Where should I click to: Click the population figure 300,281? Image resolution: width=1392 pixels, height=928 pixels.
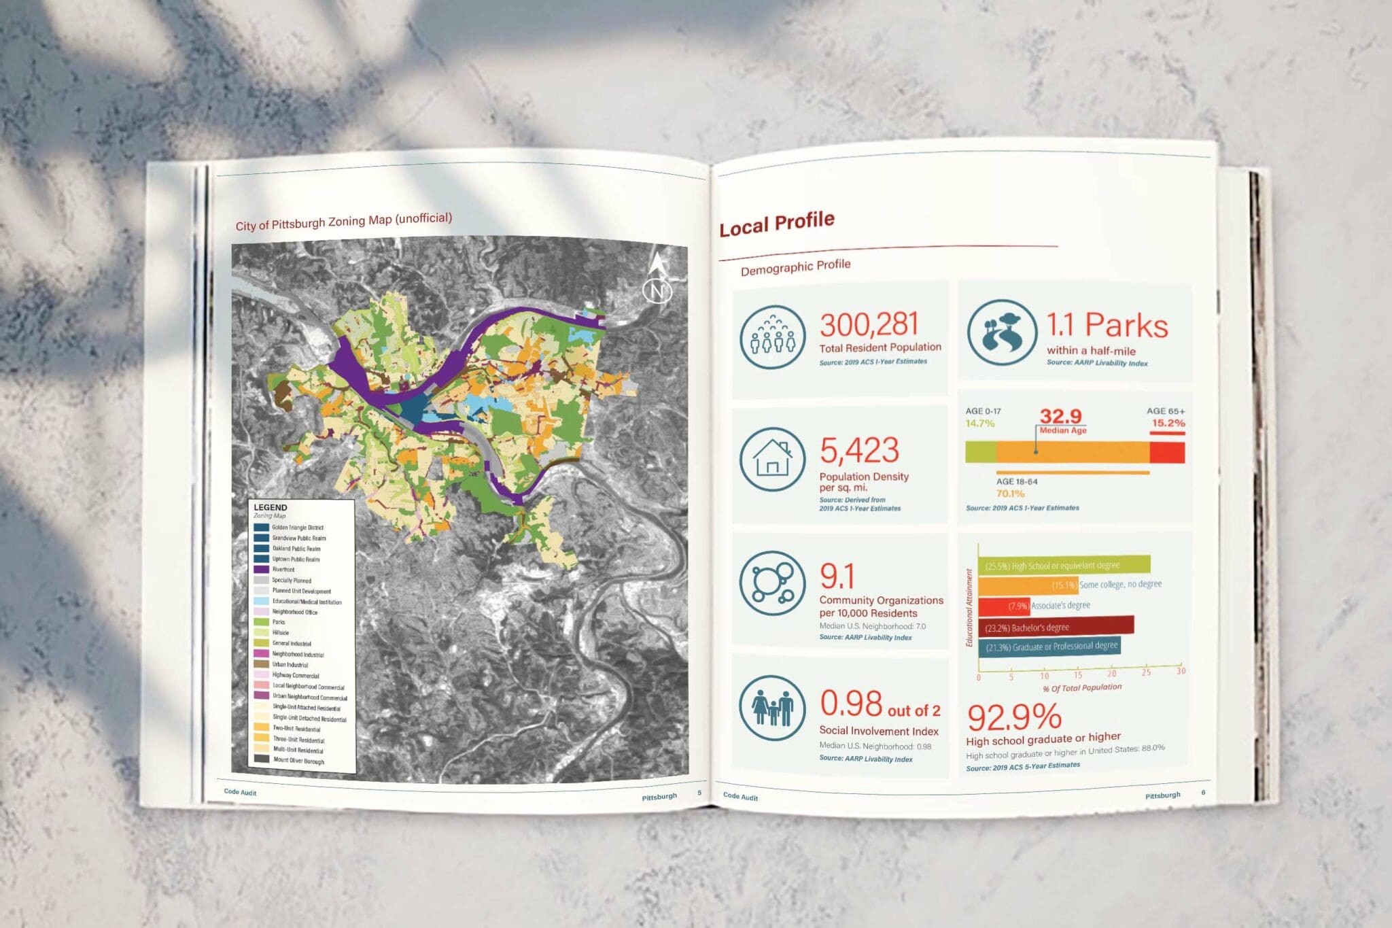(869, 325)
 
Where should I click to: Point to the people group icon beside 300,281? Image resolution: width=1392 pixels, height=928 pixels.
(772, 337)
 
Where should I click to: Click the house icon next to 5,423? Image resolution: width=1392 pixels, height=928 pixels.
(772, 460)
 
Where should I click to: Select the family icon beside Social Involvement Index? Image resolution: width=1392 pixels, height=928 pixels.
(772, 708)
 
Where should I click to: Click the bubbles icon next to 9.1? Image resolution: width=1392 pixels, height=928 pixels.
(772, 583)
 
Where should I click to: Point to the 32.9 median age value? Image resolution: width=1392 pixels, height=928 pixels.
(1060, 415)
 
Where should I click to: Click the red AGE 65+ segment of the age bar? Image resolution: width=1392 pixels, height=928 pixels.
(1167, 453)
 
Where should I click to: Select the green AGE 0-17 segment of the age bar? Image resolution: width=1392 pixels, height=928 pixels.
(981, 452)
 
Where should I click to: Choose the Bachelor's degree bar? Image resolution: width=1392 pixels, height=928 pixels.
(1056, 626)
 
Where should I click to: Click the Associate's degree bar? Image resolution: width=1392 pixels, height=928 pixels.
(1004, 605)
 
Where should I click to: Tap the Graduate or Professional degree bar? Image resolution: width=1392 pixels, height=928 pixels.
(1049, 647)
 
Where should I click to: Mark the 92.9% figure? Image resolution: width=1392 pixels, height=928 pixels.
(1013, 717)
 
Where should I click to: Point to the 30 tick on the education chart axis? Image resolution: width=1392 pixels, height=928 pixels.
(1181, 671)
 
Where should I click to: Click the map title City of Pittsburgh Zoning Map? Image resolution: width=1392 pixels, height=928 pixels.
(343, 222)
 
